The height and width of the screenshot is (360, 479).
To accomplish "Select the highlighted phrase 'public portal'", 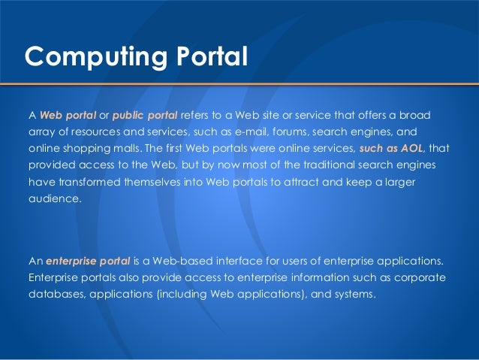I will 147,115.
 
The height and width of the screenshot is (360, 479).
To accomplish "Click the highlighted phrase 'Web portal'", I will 66,115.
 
